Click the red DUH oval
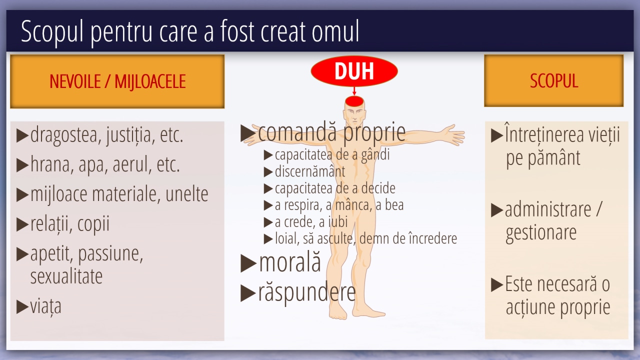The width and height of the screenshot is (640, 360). coord(354,71)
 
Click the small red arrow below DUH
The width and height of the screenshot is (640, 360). coord(354,91)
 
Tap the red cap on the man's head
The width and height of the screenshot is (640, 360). coord(354,101)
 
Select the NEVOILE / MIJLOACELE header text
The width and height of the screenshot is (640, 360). coord(117,81)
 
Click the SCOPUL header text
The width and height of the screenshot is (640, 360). coord(554,80)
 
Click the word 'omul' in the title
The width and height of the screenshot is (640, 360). coord(335,31)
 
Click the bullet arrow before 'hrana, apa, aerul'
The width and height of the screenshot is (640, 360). coord(22,165)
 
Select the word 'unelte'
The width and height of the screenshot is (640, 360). coord(187,194)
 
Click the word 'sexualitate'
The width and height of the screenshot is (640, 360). coord(66,276)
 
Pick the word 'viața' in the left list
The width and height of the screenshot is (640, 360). coord(46,307)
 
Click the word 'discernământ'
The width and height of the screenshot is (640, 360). coord(310,171)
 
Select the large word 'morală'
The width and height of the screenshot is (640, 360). coord(290,262)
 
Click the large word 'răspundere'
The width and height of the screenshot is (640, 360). coord(307,292)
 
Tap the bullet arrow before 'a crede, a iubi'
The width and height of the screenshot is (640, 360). coord(268,222)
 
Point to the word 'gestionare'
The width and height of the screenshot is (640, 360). coord(541,233)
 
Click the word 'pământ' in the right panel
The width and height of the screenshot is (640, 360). coord(553,157)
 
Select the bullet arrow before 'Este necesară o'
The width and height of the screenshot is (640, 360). coord(497,285)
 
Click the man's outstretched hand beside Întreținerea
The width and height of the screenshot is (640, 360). coord(454,134)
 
